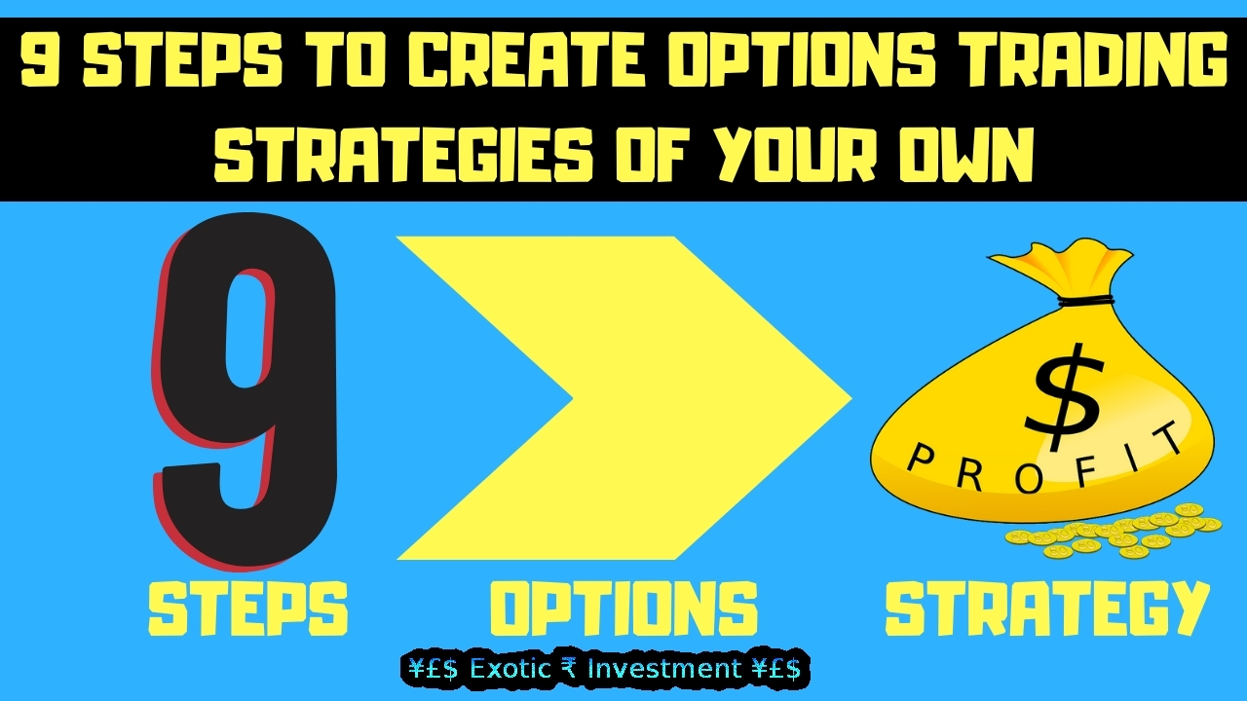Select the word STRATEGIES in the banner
click(403, 154)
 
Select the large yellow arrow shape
click(623, 398)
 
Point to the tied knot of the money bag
click(1086, 302)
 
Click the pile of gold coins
click(1113, 533)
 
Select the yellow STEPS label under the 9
click(247, 609)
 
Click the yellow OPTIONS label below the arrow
click(623, 609)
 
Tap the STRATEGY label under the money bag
click(1047, 609)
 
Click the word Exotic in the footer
click(510, 668)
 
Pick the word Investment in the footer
click(664, 668)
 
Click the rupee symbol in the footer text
click(569, 669)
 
